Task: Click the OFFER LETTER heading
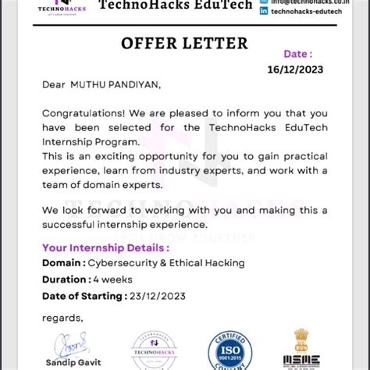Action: (184, 43)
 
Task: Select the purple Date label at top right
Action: (297, 54)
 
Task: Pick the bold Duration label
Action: (66, 279)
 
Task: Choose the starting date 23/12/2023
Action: (159, 296)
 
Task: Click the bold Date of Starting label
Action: (84, 296)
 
